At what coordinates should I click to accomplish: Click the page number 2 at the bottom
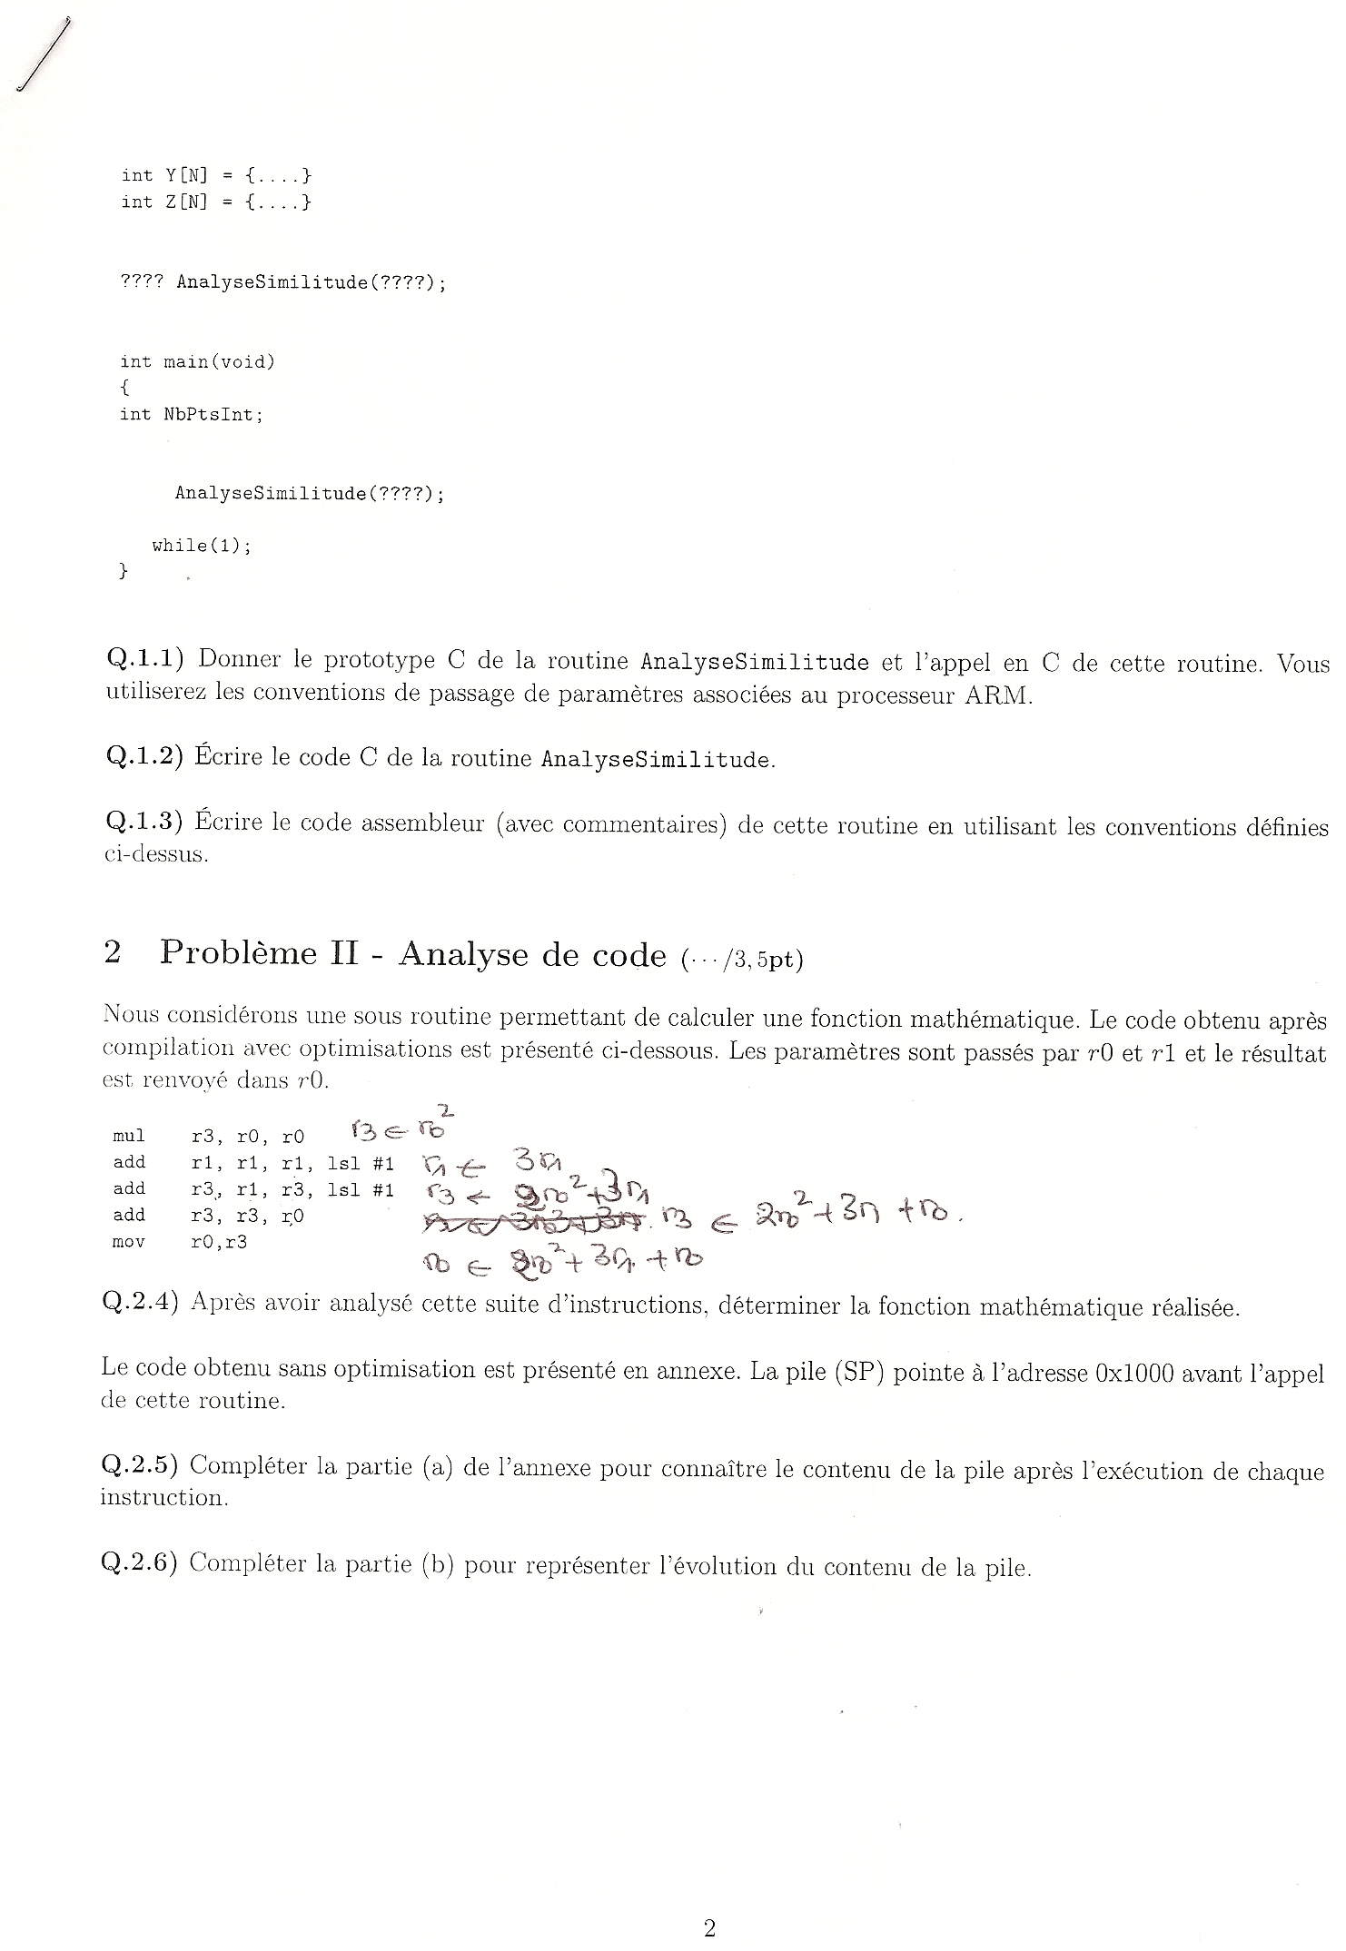[709, 1927]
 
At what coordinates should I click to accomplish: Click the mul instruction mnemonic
[128, 1136]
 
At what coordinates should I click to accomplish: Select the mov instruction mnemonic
[128, 1242]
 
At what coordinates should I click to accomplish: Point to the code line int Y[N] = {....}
[216, 175]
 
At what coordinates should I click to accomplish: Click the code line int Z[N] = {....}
[216, 202]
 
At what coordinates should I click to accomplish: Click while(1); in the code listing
[201, 546]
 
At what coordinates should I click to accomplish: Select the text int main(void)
[197, 362]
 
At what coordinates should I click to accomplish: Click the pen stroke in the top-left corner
[43, 55]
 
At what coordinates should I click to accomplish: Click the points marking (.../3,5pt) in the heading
[741, 958]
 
